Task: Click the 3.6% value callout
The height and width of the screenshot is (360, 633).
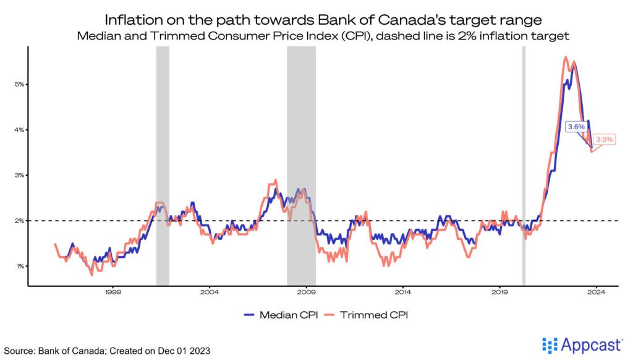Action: click(x=576, y=126)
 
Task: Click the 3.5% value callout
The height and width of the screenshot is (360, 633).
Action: click(x=603, y=139)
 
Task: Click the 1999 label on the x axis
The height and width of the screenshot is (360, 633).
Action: click(x=112, y=291)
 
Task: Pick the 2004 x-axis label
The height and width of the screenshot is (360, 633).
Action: click(x=210, y=291)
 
